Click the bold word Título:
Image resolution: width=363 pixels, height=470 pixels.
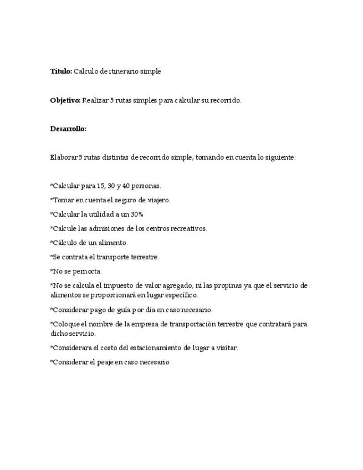(61, 71)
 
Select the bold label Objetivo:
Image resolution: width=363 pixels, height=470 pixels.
(65, 100)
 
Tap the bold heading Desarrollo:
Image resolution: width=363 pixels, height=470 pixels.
(68, 129)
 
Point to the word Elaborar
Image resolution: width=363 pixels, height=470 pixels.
(64, 157)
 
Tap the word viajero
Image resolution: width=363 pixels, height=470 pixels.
(160, 200)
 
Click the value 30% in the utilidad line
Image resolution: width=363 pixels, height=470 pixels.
(137, 214)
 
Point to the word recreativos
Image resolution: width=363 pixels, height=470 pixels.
(190, 228)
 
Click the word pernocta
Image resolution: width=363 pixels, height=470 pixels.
(87, 272)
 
